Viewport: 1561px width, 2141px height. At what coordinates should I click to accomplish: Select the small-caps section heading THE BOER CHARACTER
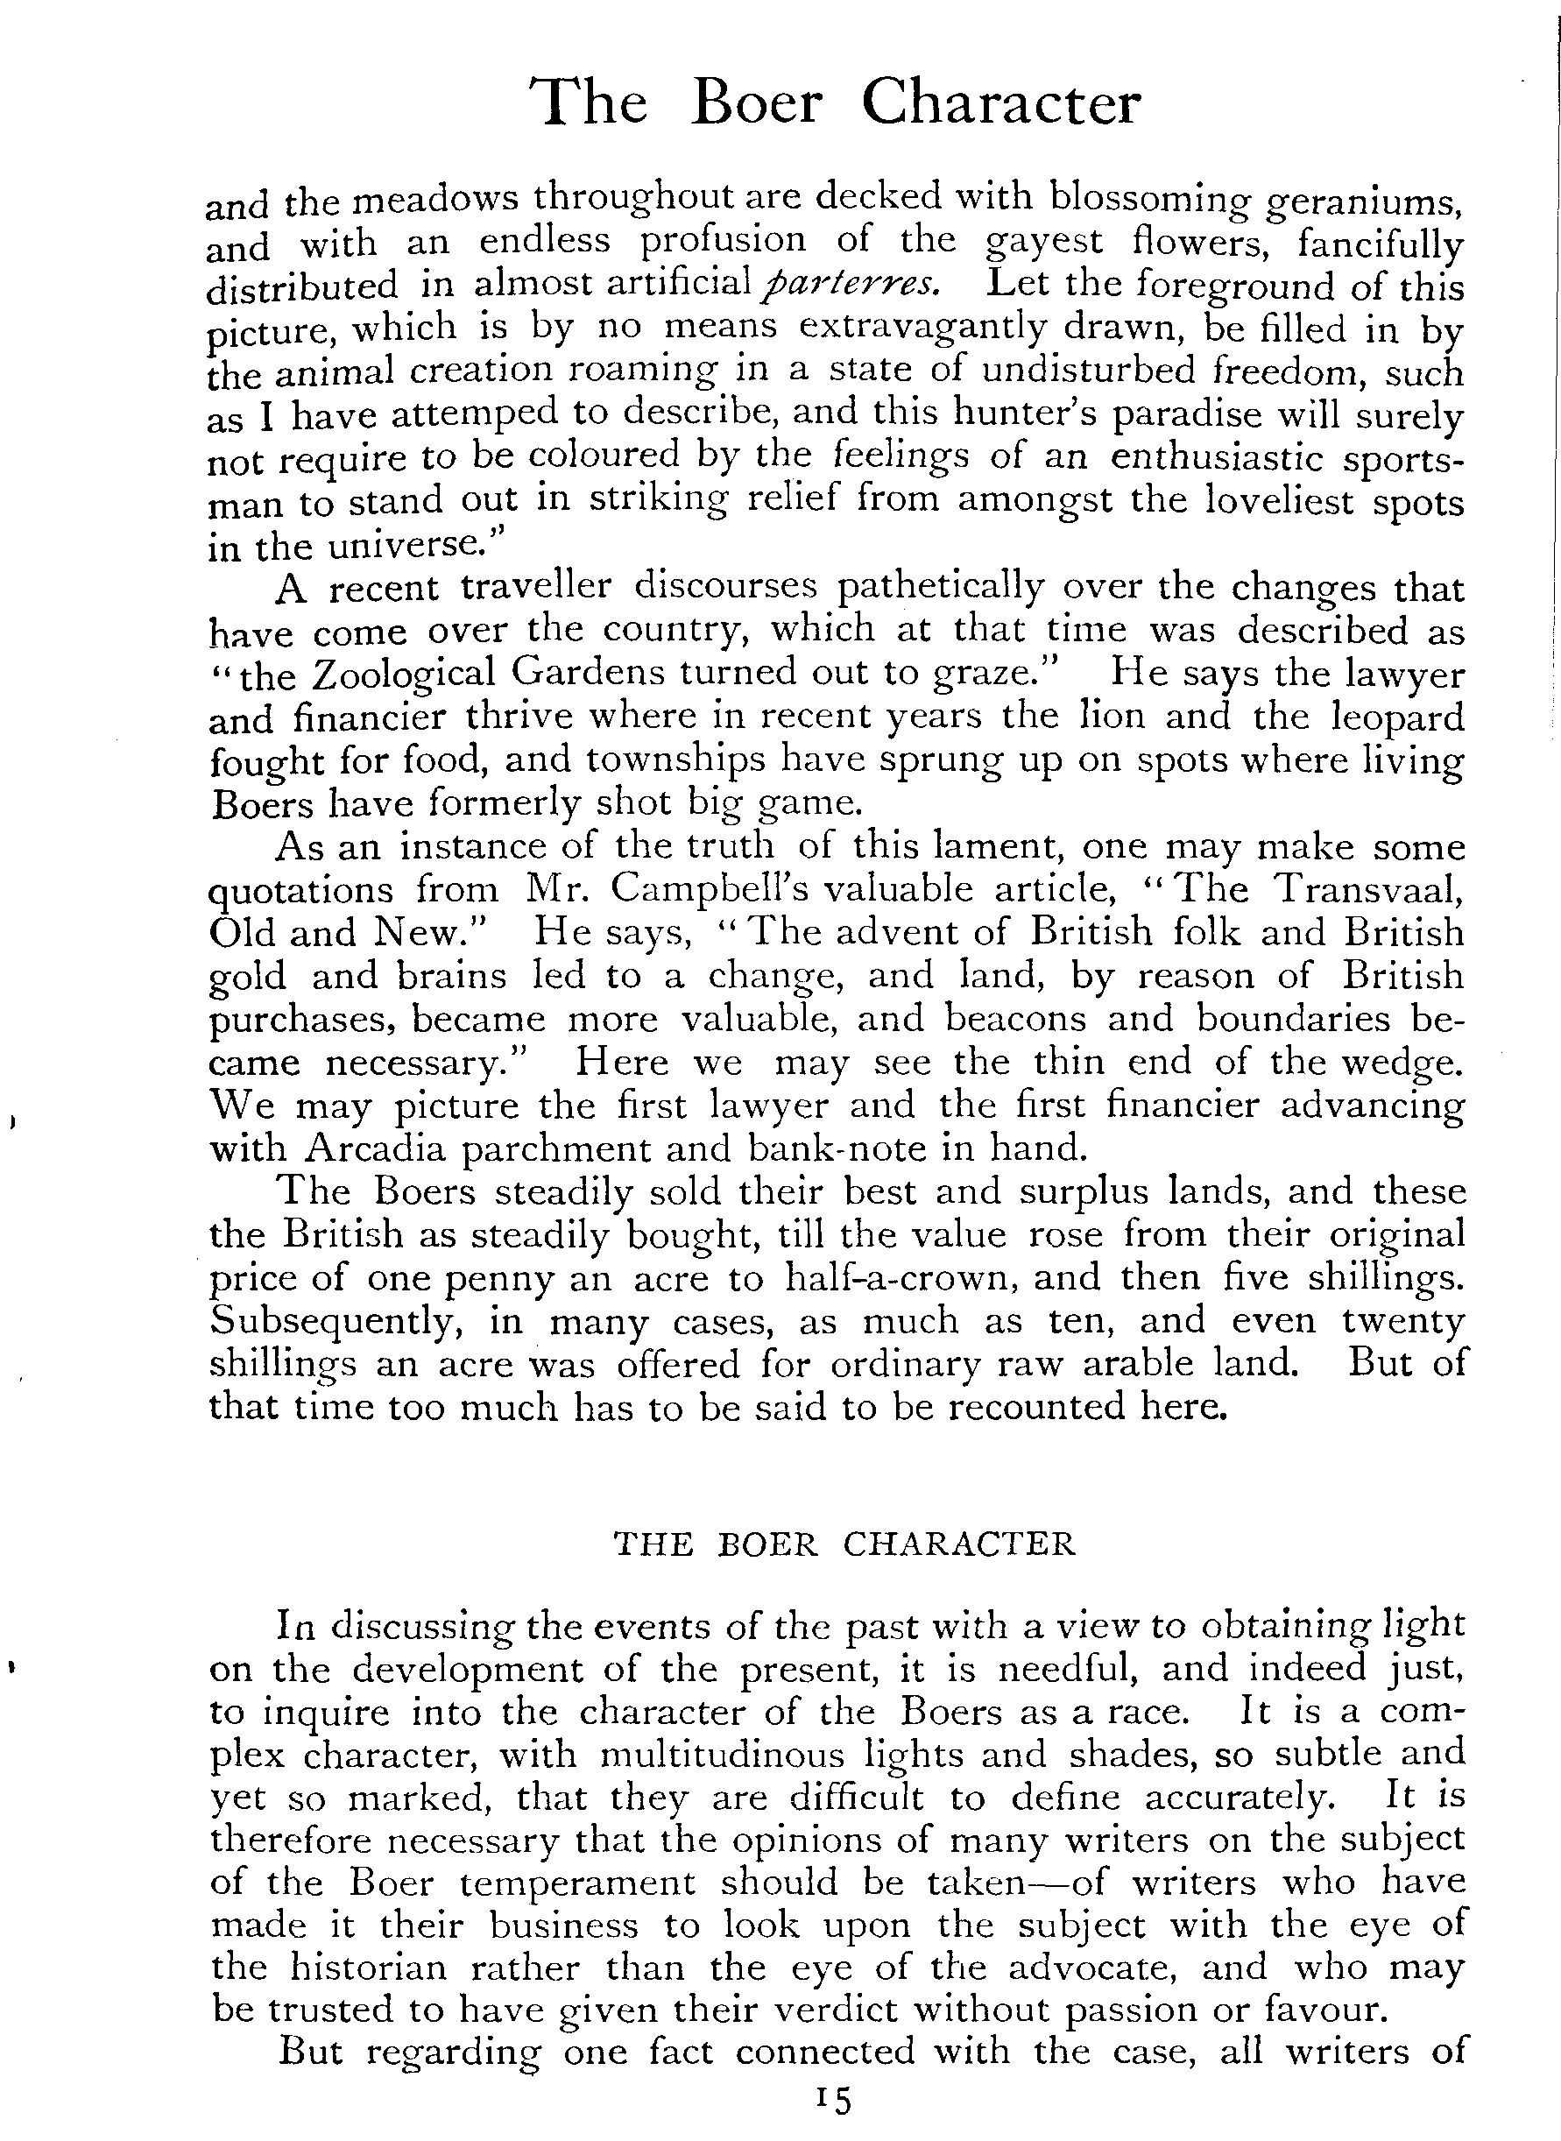844,1544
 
